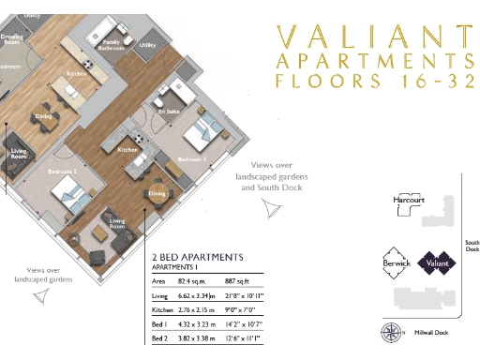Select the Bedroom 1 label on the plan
193,160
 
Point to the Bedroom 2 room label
63,173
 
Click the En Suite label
169,112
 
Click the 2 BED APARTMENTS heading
197,257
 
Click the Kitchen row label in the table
162,307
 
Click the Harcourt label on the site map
409,199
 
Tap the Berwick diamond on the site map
396,262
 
